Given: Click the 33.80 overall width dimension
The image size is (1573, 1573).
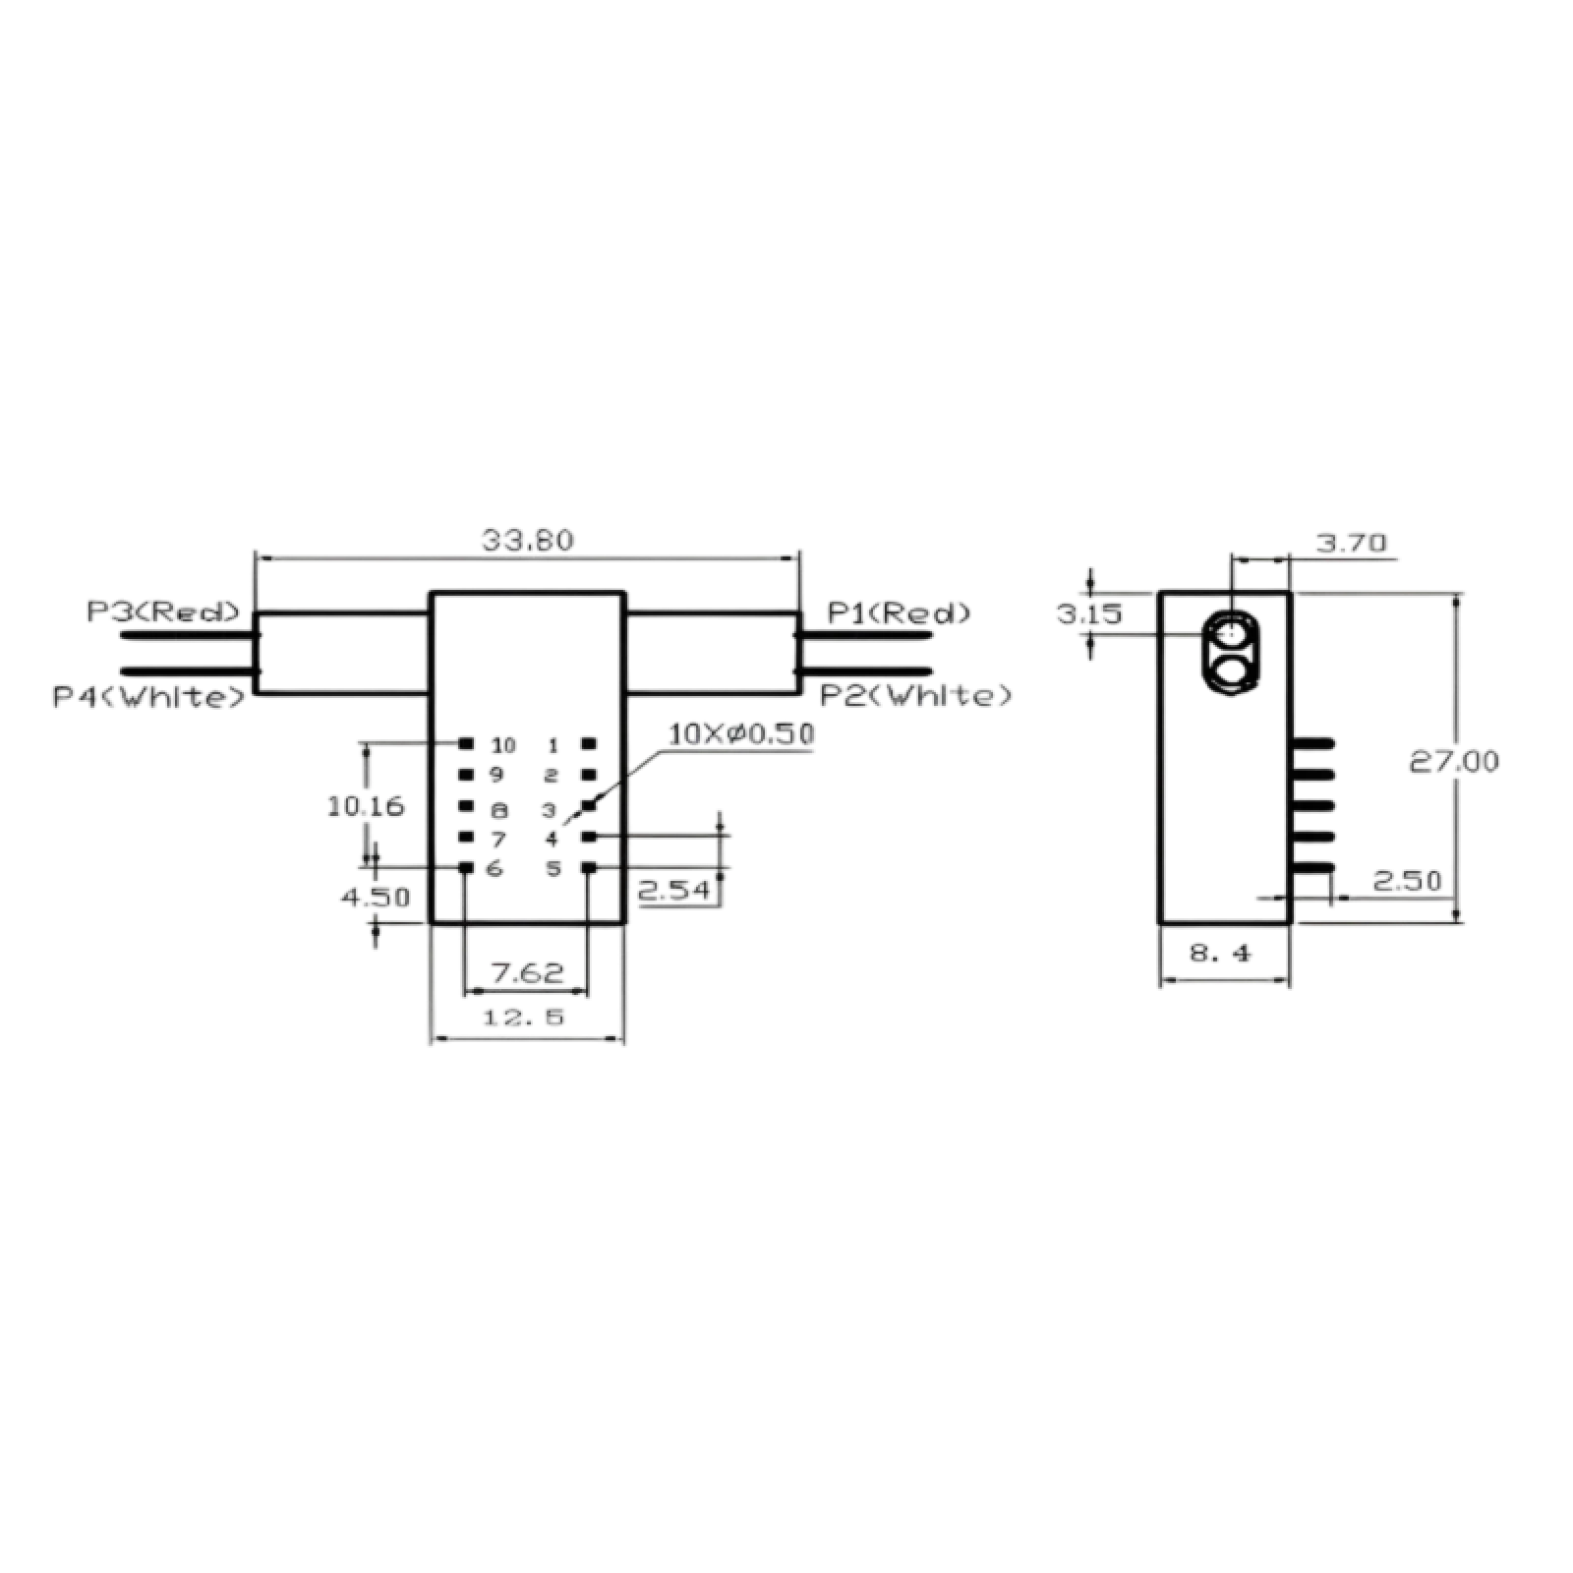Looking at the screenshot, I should tap(527, 541).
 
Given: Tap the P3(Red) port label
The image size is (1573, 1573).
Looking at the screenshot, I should tap(163, 612).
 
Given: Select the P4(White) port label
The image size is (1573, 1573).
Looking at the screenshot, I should tap(145, 698).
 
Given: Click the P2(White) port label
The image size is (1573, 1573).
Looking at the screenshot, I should tap(915, 695).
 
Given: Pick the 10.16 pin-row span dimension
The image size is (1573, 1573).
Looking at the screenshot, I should tap(365, 807).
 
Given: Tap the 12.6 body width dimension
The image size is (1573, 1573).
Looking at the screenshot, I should tap(527, 1020).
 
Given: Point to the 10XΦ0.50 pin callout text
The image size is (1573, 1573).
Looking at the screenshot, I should tap(742, 735).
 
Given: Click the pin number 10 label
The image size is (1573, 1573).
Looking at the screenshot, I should tap(503, 742).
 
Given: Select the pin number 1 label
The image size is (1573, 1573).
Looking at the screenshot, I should tap(553, 742).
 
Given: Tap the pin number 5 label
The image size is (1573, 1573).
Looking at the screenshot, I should tap(554, 869).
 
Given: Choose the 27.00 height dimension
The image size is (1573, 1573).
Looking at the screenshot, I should tap(1455, 762).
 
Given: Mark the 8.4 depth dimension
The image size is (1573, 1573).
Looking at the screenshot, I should tap(1224, 952).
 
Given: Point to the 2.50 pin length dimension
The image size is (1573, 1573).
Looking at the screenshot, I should tap(1408, 882).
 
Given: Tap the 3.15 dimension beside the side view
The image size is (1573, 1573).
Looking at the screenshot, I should tap(1089, 614).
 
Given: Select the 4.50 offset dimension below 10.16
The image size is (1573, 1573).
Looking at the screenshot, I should tap(377, 897).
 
